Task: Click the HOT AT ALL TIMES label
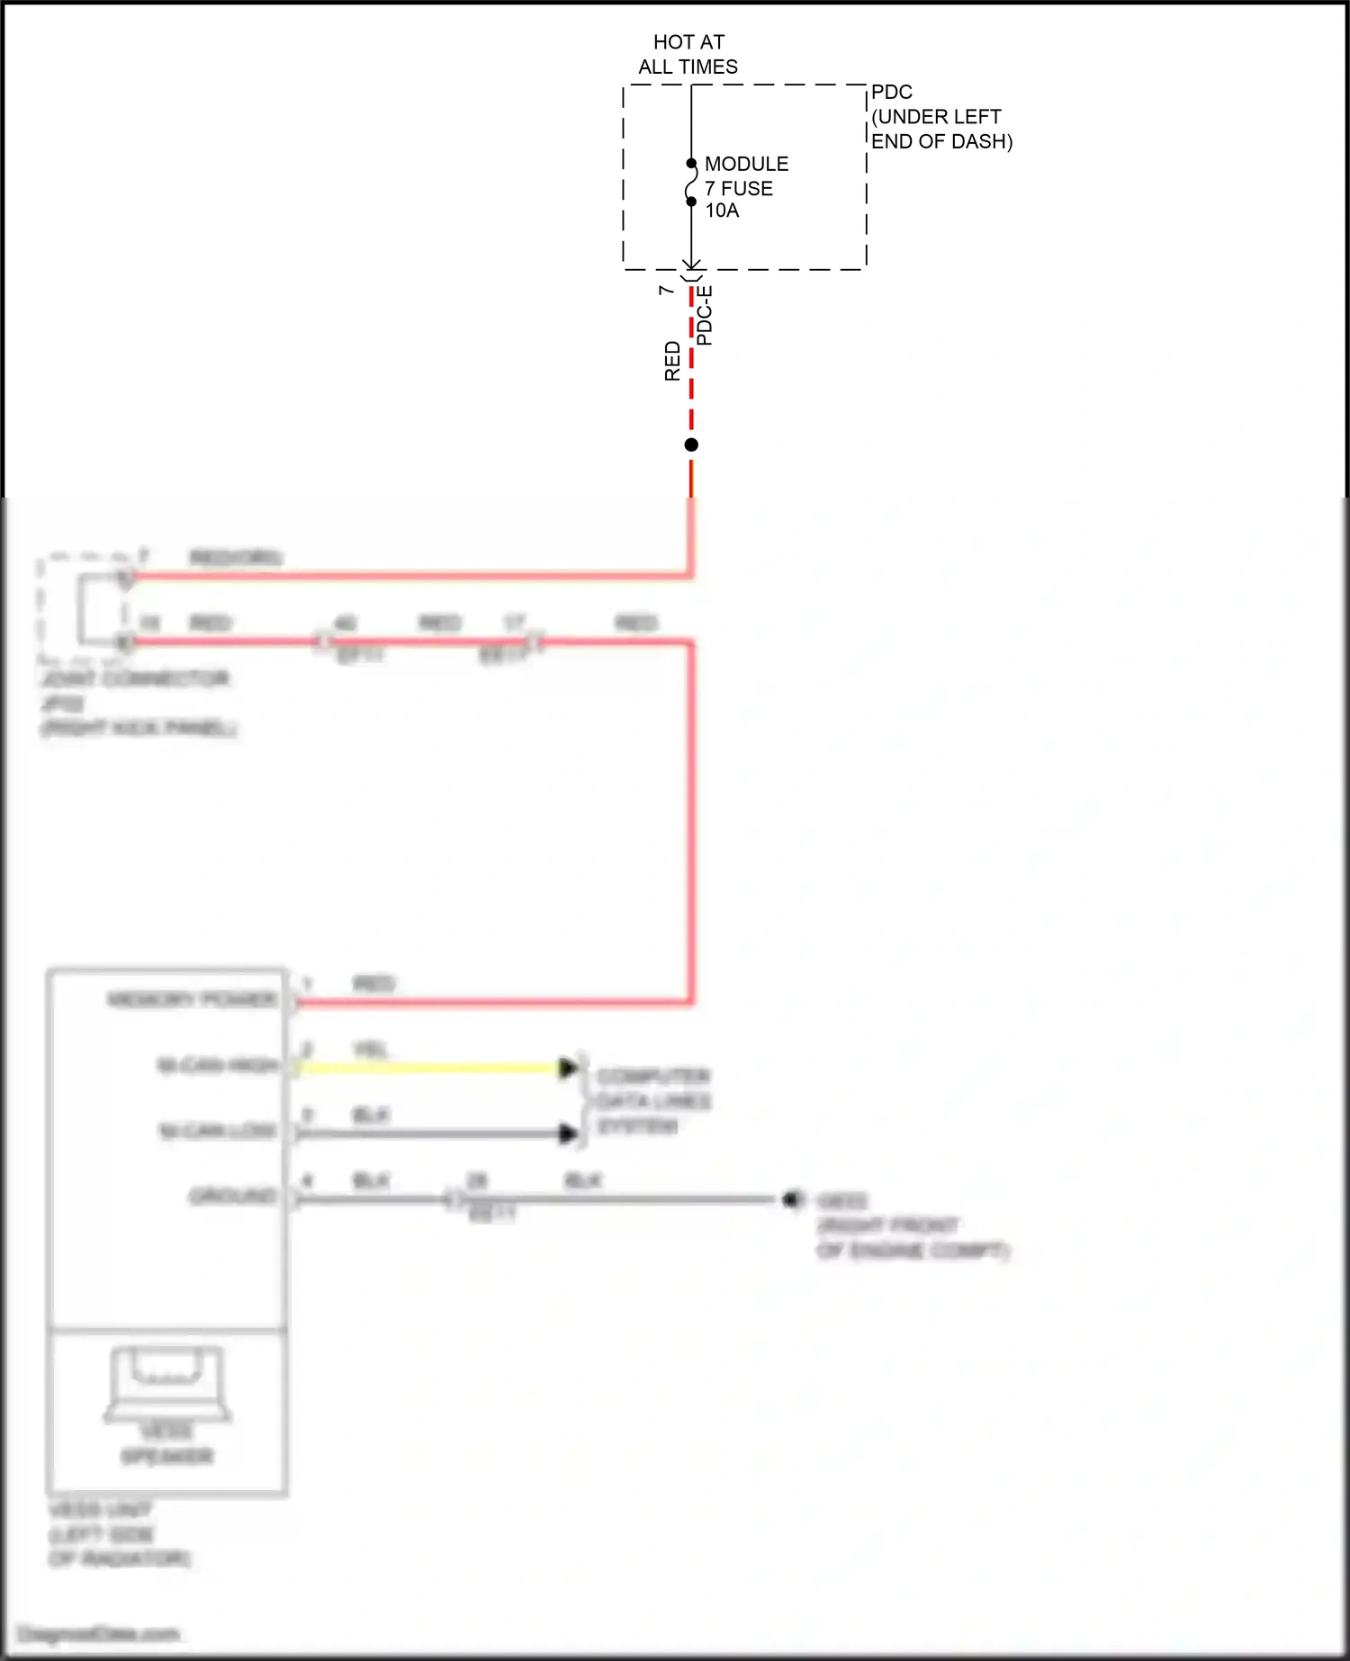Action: pos(688,54)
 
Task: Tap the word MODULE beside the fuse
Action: pos(746,164)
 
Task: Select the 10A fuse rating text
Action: pos(722,211)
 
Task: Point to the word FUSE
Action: pos(747,188)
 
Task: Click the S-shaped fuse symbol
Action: pos(690,183)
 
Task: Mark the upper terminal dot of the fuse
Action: pos(691,164)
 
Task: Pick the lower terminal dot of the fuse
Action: pos(691,202)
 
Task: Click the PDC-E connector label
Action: pos(705,315)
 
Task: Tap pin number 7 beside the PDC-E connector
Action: pos(666,290)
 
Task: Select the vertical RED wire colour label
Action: pos(672,360)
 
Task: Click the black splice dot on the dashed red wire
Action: pos(691,444)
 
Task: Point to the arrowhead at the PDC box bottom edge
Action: pos(691,265)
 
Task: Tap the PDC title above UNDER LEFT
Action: pos(891,92)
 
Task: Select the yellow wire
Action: pos(432,1068)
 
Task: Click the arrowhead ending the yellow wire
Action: pos(568,1068)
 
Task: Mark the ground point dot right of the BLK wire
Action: pos(792,1199)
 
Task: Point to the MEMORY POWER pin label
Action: pos(192,1000)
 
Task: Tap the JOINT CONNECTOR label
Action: pos(135,678)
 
